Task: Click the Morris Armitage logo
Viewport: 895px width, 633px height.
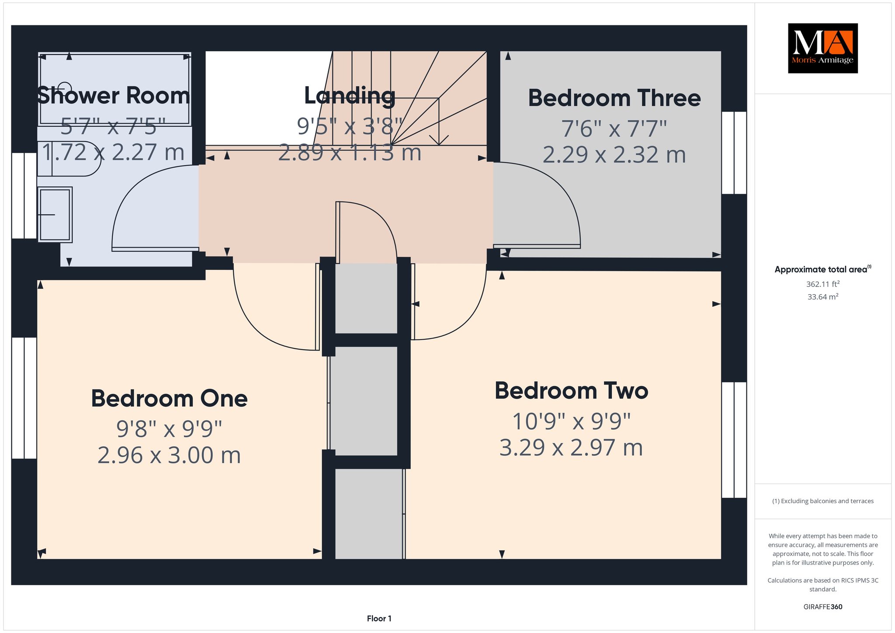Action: (x=822, y=48)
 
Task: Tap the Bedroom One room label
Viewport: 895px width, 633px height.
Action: (x=169, y=399)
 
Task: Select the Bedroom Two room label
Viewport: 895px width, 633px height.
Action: (x=571, y=391)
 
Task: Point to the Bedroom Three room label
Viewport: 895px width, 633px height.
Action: (x=614, y=98)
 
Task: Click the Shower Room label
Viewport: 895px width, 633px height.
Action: (x=113, y=95)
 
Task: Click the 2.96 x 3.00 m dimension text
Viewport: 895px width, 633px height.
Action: (x=169, y=455)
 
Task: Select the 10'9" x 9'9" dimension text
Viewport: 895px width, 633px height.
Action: (x=571, y=421)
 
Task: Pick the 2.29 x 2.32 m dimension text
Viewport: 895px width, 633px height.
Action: (x=614, y=155)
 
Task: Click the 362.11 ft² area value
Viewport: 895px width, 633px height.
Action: (x=823, y=284)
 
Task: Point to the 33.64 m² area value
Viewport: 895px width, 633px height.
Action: (x=823, y=297)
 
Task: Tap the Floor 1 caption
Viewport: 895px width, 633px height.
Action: (x=379, y=619)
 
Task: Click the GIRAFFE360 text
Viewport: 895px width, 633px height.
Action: (x=823, y=607)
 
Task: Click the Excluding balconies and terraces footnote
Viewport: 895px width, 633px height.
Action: (x=823, y=501)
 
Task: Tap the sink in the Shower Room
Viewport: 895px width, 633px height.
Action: (x=55, y=215)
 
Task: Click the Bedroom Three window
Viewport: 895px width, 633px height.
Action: (x=734, y=153)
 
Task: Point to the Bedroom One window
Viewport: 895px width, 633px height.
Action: (x=24, y=398)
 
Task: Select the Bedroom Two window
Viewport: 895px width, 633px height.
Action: (x=734, y=440)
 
